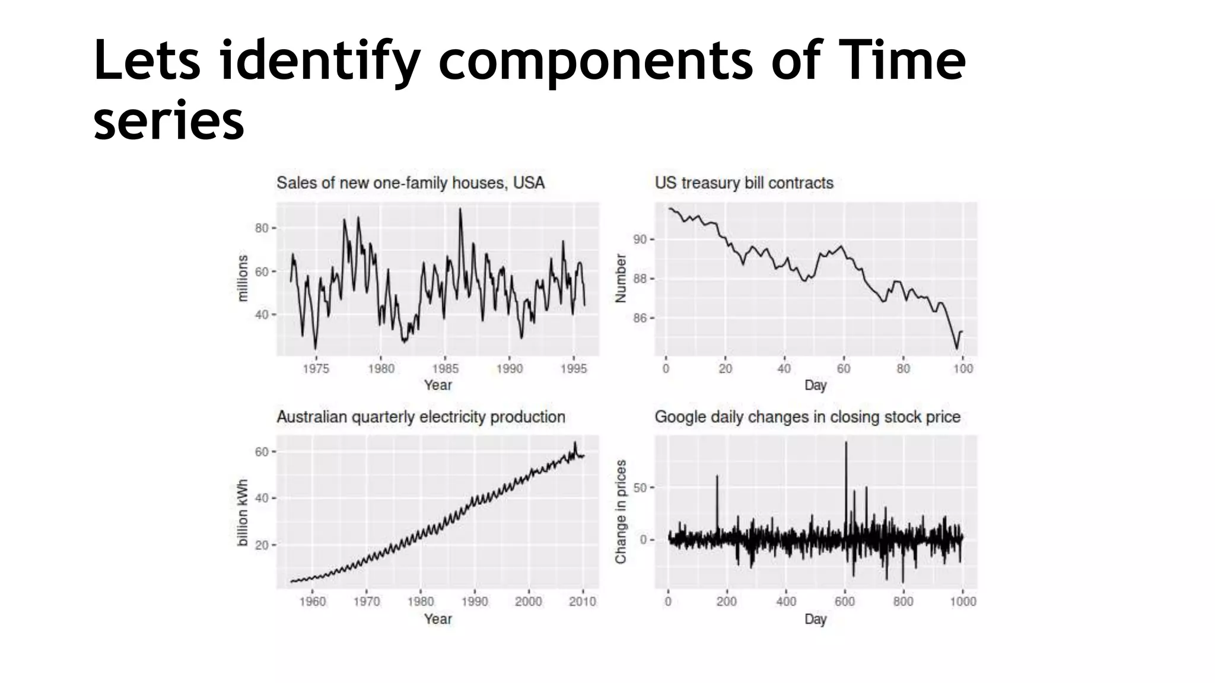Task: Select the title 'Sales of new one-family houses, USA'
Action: (410, 183)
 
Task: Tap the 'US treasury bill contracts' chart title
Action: (744, 183)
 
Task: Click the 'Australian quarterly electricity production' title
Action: (421, 417)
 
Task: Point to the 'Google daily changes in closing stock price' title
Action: (807, 417)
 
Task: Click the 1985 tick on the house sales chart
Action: (445, 369)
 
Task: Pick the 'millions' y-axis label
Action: (243, 278)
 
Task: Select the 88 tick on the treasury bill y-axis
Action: (640, 279)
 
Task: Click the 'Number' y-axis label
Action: (621, 278)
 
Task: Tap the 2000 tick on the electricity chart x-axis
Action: (528, 602)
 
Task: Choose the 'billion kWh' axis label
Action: (243, 512)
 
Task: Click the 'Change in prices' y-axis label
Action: (621, 512)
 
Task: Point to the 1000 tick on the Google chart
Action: (962, 602)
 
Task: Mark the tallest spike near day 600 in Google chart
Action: (846, 443)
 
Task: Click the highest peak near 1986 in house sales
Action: (460, 209)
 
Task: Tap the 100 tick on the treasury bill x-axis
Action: (962, 369)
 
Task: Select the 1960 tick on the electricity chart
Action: (313, 602)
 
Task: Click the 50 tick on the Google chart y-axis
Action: (640, 487)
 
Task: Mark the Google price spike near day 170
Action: (717, 476)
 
